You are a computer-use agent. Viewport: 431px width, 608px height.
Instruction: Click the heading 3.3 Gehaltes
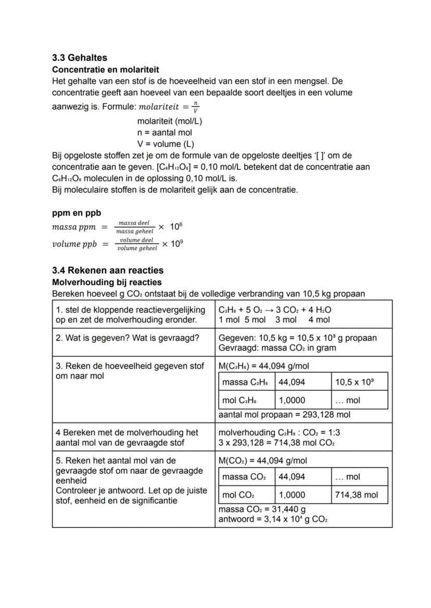pyautogui.click(x=79, y=58)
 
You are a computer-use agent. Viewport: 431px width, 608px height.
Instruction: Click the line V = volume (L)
pyautogui.click(x=166, y=144)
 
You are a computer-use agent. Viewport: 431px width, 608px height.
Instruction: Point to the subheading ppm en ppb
pyautogui.click(x=77, y=213)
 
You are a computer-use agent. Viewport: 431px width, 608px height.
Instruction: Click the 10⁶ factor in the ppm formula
pyautogui.click(x=176, y=227)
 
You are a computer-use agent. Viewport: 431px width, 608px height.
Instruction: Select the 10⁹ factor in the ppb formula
pyautogui.click(x=177, y=244)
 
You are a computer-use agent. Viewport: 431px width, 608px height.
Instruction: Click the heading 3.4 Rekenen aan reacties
pyautogui.click(x=108, y=270)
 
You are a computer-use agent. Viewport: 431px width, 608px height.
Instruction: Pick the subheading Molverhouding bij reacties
pyautogui.click(x=107, y=282)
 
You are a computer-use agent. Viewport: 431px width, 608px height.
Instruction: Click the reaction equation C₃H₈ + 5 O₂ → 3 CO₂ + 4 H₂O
pyautogui.click(x=275, y=309)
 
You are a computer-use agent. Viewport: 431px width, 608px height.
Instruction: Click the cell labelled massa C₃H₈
pyautogui.click(x=245, y=382)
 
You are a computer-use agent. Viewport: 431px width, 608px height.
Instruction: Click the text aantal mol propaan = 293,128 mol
pyautogui.click(x=284, y=415)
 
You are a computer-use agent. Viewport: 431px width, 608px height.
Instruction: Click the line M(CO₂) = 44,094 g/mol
pyautogui.click(x=263, y=460)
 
